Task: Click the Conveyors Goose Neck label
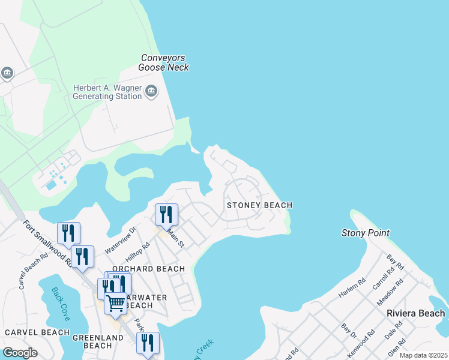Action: tap(163, 62)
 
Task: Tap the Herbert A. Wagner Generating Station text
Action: tap(107, 92)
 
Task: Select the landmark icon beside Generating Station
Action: tap(151, 92)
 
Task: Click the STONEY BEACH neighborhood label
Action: tap(259, 205)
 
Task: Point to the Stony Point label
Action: tap(365, 233)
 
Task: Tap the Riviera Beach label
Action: tap(415, 313)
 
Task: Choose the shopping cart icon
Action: tap(115, 303)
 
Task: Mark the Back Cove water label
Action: tap(61, 303)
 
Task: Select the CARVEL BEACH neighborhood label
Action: tap(37, 332)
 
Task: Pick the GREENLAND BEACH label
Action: tap(98, 343)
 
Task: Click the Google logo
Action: tap(20, 353)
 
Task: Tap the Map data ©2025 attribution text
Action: tap(423, 355)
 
